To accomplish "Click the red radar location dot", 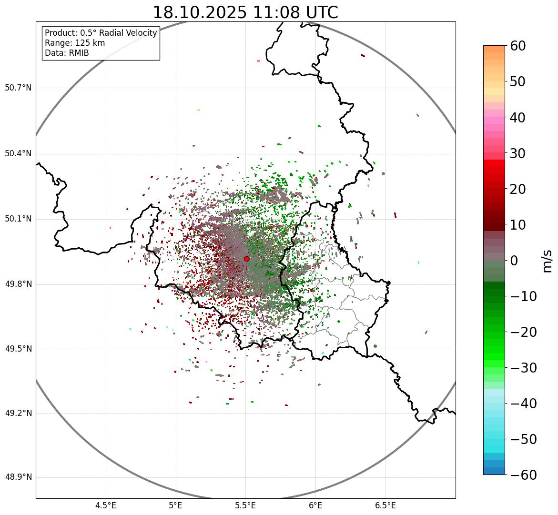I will pyautogui.click(x=246, y=259).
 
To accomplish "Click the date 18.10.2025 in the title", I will pyautogui.click(x=200, y=12).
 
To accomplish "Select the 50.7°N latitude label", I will pyautogui.click(x=18, y=88).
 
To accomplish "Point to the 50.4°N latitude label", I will pyautogui.click(x=18, y=153).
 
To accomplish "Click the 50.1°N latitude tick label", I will pyautogui.click(x=18, y=219).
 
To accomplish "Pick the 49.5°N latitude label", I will pyautogui.click(x=18, y=349).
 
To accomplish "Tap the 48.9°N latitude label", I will pyautogui.click(x=18, y=478).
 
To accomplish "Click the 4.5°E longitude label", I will pyautogui.click(x=106, y=505).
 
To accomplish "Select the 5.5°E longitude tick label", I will pyautogui.click(x=245, y=505).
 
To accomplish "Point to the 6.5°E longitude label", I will pyautogui.click(x=385, y=505).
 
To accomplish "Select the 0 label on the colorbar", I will pyautogui.click(x=514, y=261).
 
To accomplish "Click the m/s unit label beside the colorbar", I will pyautogui.click(x=548, y=260).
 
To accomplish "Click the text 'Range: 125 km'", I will pyautogui.click(x=75, y=43).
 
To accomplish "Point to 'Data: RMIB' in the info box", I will pyautogui.click(x=67, y=53).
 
